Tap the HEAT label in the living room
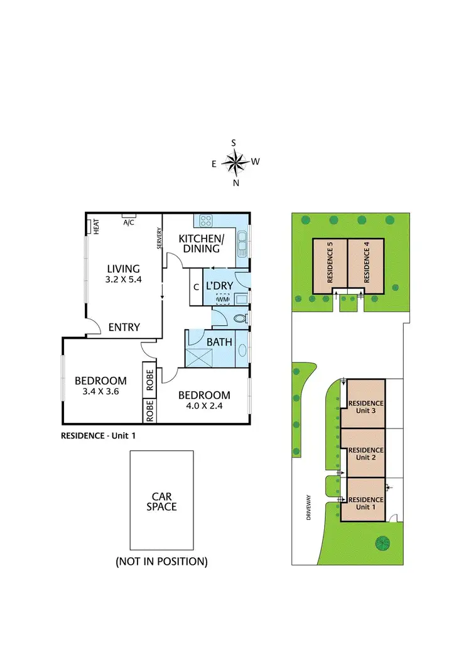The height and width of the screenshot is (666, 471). pyautogui.click(x=96, y=227)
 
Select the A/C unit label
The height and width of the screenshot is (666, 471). pyautogui.click(x=129, y=222)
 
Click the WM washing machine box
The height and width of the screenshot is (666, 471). pyautogui.click(x=223, y=299)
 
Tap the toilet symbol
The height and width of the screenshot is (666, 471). pyautogui.click(x=239, y=319)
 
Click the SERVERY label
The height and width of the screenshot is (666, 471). pyautogui.click(x=160, y=238)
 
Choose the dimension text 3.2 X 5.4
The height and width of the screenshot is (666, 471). pyautogui.click(x=124, y=281)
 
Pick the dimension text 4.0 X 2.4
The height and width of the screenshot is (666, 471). pyautogui.click(x=204, y=406)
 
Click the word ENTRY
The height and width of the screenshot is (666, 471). pyautogui.click(x=124, y=327)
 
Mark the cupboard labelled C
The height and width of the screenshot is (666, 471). pyautogui.click(x=196, y=287)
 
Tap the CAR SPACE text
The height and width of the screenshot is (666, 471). pyautogui.click(x=161, y=501)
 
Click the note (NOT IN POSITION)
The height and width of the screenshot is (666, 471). pyautogui.click(x=161, y=561)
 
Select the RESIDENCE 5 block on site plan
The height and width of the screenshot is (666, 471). pyautogui.click(x=330, y=265)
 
